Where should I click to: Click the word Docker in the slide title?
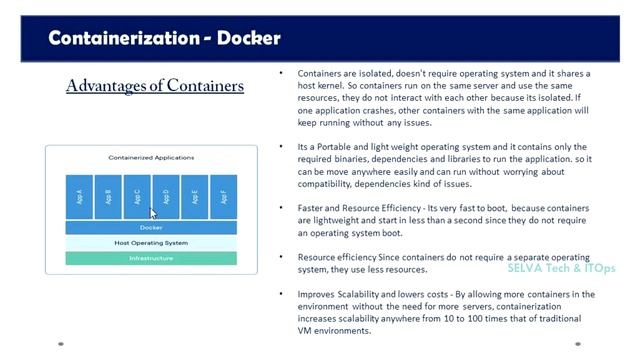point(243,39)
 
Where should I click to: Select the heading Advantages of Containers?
point(155,86)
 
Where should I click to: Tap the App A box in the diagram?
point(80,197)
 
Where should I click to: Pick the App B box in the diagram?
point(108,197)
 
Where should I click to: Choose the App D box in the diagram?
point(166,197)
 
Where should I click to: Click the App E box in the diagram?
point(195,197)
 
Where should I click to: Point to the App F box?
point(223,197)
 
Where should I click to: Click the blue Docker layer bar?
point(151,227)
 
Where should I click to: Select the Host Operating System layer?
point(151,243)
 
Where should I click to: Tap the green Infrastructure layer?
point(151,258)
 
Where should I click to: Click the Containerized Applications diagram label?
point(151,158)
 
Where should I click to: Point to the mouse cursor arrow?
point(153,213)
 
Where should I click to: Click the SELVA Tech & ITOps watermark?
point(560,269)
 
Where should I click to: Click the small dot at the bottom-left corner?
point(61,344)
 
